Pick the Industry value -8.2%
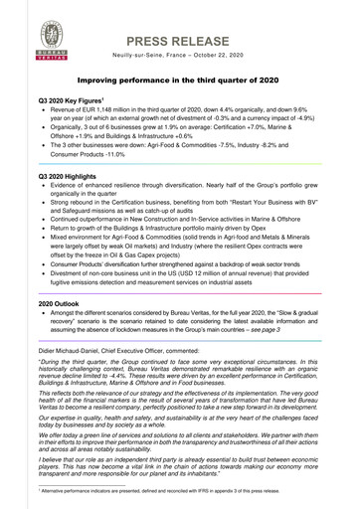click(320, 155)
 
